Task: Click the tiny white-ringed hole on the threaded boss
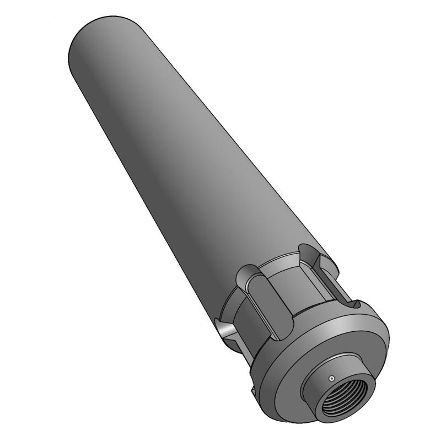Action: tap(331, 379)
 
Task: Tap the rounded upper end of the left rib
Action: tap(247, 273)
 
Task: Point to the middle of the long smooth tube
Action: tap(182, 154)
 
